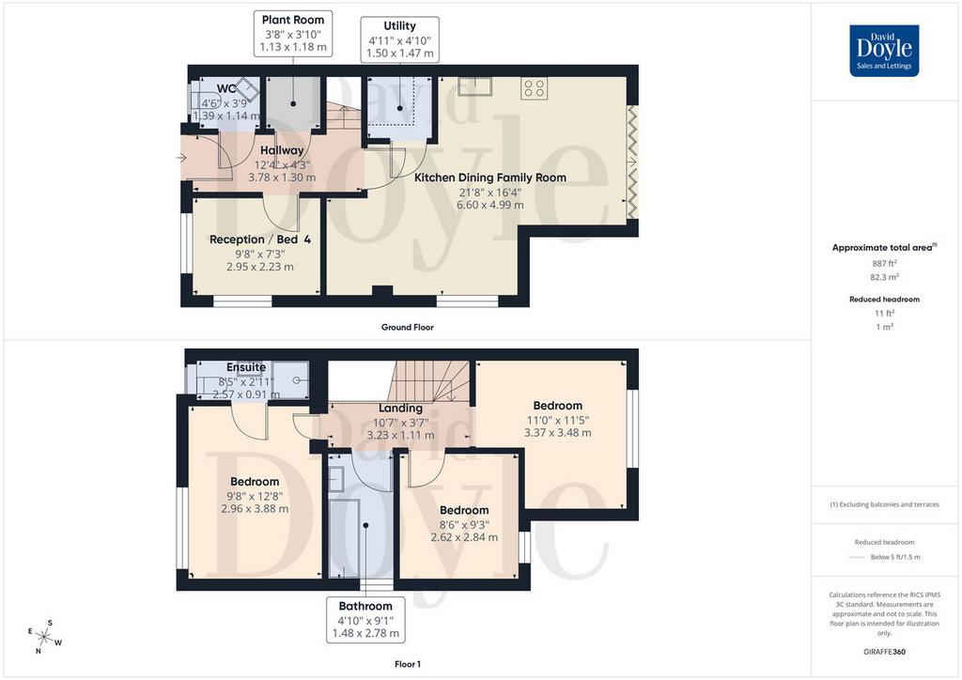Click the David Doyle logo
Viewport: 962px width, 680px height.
click(884, 51)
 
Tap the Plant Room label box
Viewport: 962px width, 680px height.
click(293, 34)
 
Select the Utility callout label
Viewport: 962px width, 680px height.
click(400, 39)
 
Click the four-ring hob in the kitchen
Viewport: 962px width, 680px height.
click(535, 88)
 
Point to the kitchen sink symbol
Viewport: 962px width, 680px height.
click(474, 86)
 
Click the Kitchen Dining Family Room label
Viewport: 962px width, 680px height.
click(490, 178)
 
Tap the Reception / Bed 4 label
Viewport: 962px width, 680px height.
click(260, 240)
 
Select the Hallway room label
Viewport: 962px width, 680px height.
click(282, 150)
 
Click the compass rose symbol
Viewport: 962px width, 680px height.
click(45, 637)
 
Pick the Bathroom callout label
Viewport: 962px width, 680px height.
click(365, 619)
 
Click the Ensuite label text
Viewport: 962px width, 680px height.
click(246, 367)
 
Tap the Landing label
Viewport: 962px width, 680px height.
click(400, 409)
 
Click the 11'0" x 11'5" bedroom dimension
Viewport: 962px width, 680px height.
click(558, 421)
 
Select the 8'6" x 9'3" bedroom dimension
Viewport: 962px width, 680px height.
click(464, 525)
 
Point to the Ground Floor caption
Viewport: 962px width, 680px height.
click(408, 328)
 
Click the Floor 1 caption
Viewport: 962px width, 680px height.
click(408, 664)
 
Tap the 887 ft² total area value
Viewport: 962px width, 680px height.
click(884, 263)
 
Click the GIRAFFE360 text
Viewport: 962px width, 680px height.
click(884, 652)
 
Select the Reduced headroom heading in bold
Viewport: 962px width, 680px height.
click(884, 300)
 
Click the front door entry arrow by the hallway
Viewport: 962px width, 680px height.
click(181, 158)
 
